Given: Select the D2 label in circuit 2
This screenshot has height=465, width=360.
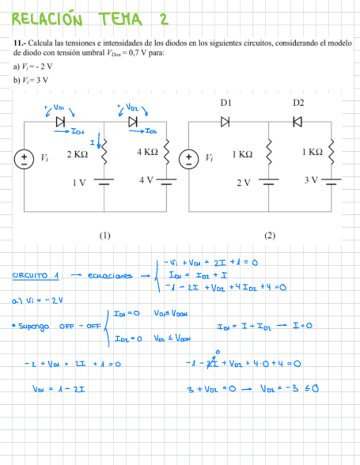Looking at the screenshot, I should tap(298, 103).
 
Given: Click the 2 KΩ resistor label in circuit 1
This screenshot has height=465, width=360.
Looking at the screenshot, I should tap(77, 155).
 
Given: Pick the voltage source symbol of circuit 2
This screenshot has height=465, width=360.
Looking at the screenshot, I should tap(189, 158).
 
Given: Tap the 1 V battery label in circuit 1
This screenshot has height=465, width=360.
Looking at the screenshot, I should tap(80, 183).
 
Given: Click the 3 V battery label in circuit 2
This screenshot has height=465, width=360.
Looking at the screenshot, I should tap(312, 179).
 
